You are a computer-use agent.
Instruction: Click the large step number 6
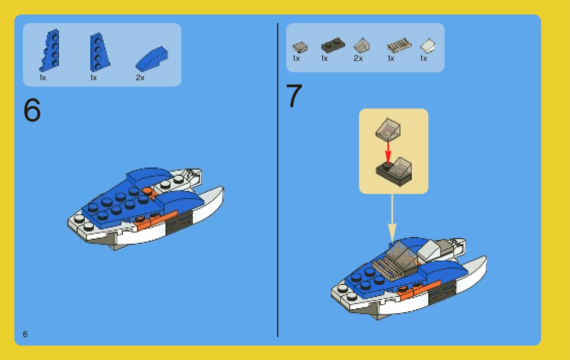[32, 110]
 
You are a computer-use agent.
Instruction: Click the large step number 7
[294, 95]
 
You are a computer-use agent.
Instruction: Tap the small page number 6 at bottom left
[25, 334]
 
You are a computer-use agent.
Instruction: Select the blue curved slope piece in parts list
[152, 58]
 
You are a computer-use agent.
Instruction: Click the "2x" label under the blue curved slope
[140, 78]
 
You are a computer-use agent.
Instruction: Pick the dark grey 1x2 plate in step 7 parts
[332, 45]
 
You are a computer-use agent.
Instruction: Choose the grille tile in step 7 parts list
[399, 46]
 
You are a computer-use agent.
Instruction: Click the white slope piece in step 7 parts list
[427, 46]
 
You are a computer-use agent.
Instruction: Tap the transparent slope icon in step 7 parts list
[361, 46]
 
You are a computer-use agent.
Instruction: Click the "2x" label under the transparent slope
[358, 58]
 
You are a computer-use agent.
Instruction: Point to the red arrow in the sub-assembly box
[388, 152]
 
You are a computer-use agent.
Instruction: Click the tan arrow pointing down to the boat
[392, 218]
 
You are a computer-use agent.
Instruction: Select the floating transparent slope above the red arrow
[388, 129]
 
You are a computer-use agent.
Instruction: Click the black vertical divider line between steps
[278, 180]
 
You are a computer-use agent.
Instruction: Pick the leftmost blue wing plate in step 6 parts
[49, 50]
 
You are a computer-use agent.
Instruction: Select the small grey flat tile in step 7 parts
[300, 47]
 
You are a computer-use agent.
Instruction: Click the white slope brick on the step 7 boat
[428, 250]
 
